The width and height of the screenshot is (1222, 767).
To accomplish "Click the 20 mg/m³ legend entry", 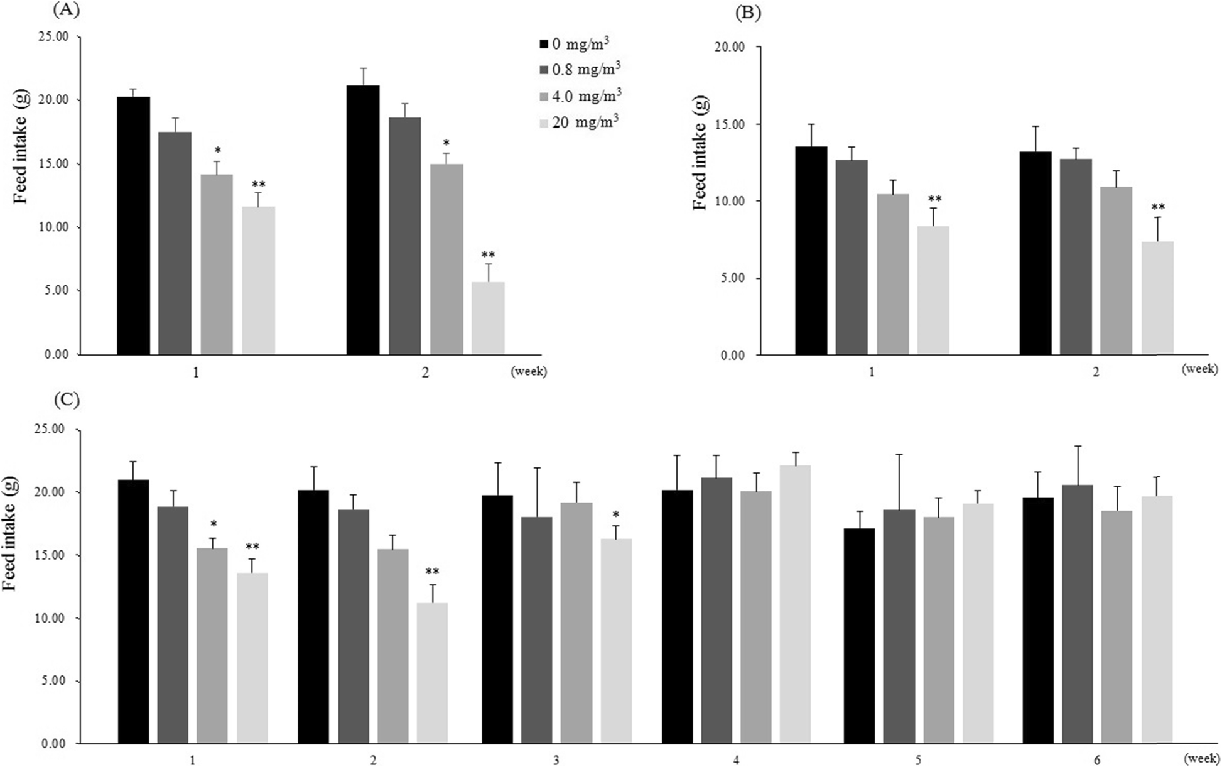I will [585, 122].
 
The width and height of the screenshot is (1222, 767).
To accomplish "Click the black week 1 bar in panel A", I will [133, 226].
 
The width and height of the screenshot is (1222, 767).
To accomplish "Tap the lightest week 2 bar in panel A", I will [488, 318].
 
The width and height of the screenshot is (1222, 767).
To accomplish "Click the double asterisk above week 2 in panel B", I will [1158, 207].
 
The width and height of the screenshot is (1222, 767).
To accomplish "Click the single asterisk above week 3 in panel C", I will [616, 514].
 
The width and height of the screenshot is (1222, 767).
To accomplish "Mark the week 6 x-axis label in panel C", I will [1097, 760].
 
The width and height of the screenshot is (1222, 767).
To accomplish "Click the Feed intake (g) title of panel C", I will [10, 534].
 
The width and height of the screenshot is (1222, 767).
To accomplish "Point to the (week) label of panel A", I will [529, 371].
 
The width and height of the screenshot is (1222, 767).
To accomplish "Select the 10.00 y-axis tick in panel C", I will [51, 618].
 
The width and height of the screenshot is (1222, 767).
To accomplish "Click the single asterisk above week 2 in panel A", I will [446, 143].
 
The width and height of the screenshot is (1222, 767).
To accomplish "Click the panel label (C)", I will [67, 400].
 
